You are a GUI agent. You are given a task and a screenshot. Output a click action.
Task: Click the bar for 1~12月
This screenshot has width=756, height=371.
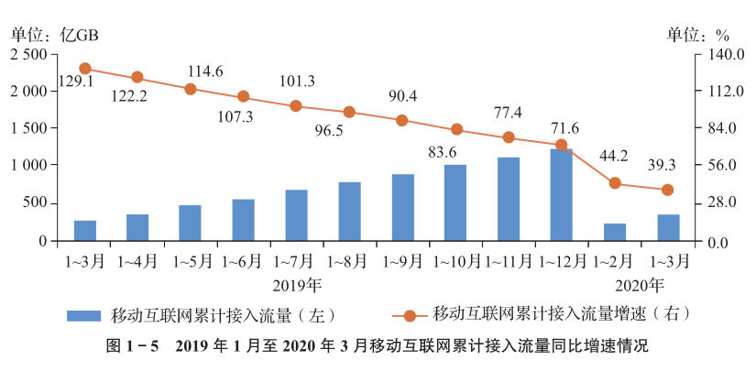(x=562, y=194)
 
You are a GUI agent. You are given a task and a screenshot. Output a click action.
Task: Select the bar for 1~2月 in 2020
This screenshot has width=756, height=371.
(x=615, y=232)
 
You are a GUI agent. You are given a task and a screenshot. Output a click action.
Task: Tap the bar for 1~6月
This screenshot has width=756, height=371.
(x=243, y=220)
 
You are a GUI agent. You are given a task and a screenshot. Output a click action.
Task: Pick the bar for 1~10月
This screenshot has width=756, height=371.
(x=455, y=202)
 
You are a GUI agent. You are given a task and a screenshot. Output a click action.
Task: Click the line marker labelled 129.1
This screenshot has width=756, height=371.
(x=85, y=69)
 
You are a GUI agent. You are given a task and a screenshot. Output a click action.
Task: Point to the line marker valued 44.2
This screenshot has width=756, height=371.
(x=615, y=183)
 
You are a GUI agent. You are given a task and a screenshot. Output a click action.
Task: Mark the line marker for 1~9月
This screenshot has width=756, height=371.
(x=402, y=120)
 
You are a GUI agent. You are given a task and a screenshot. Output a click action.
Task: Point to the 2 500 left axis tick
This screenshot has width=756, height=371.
(x=27, y=55)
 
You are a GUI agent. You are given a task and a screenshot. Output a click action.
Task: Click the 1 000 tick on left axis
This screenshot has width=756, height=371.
(x=27, y=166)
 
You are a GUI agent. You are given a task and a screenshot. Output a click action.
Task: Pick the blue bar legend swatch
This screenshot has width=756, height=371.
(x=84, y=315)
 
